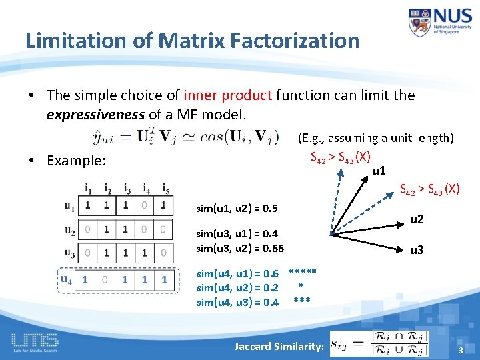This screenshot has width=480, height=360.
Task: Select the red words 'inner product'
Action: coord(227,95)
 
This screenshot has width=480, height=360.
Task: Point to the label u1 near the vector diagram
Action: coord(379,171)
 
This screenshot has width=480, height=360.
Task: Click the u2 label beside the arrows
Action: coord(417,219)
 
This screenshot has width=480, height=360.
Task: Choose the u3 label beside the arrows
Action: coord(417,250)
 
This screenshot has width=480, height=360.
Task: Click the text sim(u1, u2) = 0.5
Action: coord(237,209)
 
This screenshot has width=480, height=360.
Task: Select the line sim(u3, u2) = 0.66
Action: coord(239,248)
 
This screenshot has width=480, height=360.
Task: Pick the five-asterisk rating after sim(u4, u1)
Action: coord(302,273)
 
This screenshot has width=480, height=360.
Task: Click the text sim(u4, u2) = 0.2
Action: coord(237,287)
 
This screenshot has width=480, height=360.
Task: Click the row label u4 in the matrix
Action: coord(67,279)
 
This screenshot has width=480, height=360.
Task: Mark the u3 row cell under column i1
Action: coord(87,253)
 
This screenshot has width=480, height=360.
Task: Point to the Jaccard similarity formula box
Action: coord(379,343)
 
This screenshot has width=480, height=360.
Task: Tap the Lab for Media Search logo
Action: coord(34,343)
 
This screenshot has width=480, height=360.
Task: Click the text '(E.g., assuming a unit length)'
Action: coord(375,138)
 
